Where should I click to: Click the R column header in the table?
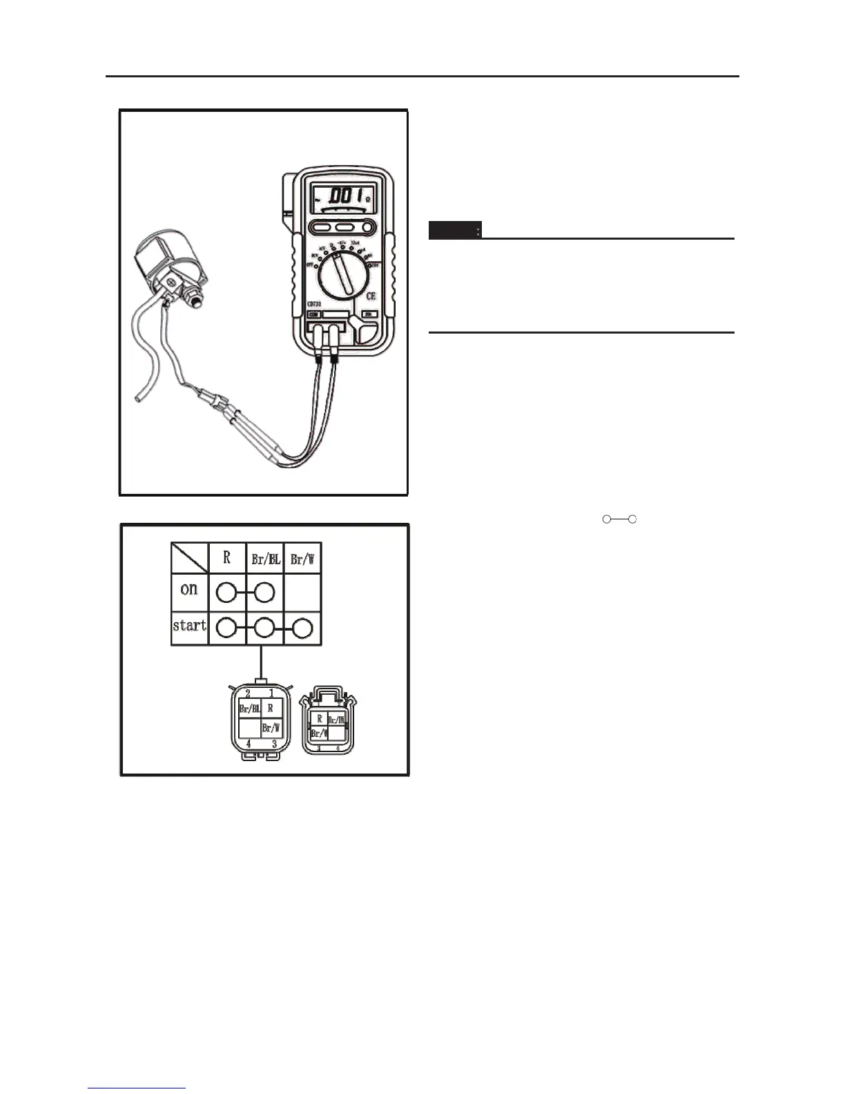pos(227,558)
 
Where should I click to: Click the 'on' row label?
pos(189,590)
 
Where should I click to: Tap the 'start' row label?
pos(190,626)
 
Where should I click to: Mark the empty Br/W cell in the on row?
pos(302,592)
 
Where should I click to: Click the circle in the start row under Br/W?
pos(302,628)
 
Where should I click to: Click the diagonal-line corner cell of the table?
pos(190,558)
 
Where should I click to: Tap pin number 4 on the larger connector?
pos(249,744)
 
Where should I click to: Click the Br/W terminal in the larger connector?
pos(271,728)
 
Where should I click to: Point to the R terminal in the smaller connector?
pos(319,719)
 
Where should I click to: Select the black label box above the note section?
pos(455,230)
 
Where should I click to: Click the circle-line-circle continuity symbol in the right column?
pos(619,519)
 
